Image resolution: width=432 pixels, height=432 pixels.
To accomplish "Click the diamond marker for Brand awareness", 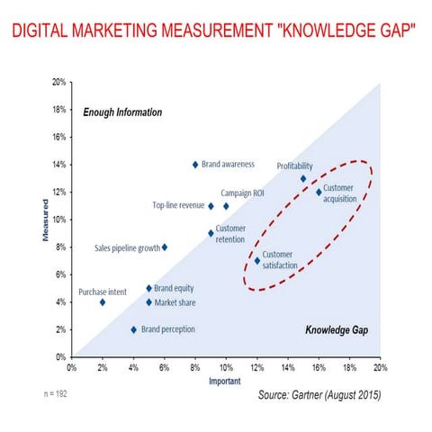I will (195, 165).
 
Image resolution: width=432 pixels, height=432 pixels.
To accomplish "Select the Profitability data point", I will (303, 178).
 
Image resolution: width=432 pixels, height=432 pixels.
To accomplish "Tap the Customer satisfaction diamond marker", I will (257, 261).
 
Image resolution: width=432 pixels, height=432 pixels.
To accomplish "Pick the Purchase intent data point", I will (103, 302).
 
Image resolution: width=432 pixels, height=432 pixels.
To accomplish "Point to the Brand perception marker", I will (134, 329).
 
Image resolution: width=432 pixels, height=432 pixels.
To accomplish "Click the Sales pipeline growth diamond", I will (164, 247).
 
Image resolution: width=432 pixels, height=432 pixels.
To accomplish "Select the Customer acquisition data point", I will (319, 192).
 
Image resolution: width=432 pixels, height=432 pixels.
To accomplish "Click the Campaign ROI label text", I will (242, 193).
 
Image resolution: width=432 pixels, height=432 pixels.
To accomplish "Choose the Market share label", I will (176, 302).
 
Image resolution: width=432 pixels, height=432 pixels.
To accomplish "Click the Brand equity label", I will (175, 288).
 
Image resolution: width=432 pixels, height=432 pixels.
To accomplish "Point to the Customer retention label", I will (230, 234).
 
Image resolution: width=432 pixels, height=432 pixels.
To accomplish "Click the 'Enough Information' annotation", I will (122, 112).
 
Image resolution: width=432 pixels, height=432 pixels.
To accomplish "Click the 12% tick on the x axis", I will (256, 366).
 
